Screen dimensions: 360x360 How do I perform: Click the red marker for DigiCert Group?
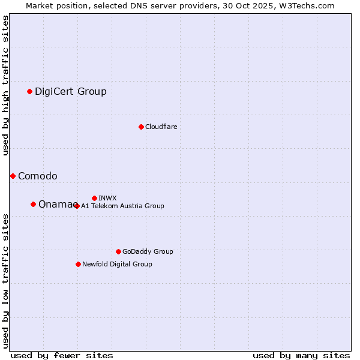click(29, 91)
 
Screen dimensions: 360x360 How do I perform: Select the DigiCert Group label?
click(71, 91)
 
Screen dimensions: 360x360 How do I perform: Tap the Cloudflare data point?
click(141, 127)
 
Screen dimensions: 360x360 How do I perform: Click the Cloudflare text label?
click(161, 127)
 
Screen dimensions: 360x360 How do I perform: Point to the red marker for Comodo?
click(13, 176)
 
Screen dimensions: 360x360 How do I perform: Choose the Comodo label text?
click(38, 176)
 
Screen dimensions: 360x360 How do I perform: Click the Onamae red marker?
click(33, 204)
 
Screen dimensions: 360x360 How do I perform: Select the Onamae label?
click(56, 204)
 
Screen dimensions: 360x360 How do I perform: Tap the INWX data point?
click(94, 198)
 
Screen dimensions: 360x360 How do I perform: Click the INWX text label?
click(107, 198)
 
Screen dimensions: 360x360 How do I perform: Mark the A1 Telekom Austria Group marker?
click(77, 206)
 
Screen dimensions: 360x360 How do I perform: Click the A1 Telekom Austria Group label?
click(122, 206)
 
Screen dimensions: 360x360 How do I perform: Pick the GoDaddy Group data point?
click(118, 251)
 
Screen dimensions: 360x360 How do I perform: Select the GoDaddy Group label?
click(148, 251)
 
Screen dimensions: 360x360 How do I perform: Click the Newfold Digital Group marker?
click(78, 264)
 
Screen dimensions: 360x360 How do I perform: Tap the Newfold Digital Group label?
click(117, 264)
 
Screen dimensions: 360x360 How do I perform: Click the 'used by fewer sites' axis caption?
click(62, 355)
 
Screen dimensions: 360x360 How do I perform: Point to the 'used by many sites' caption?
click(301, 355)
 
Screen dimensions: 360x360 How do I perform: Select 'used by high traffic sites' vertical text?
click(5, 85)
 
